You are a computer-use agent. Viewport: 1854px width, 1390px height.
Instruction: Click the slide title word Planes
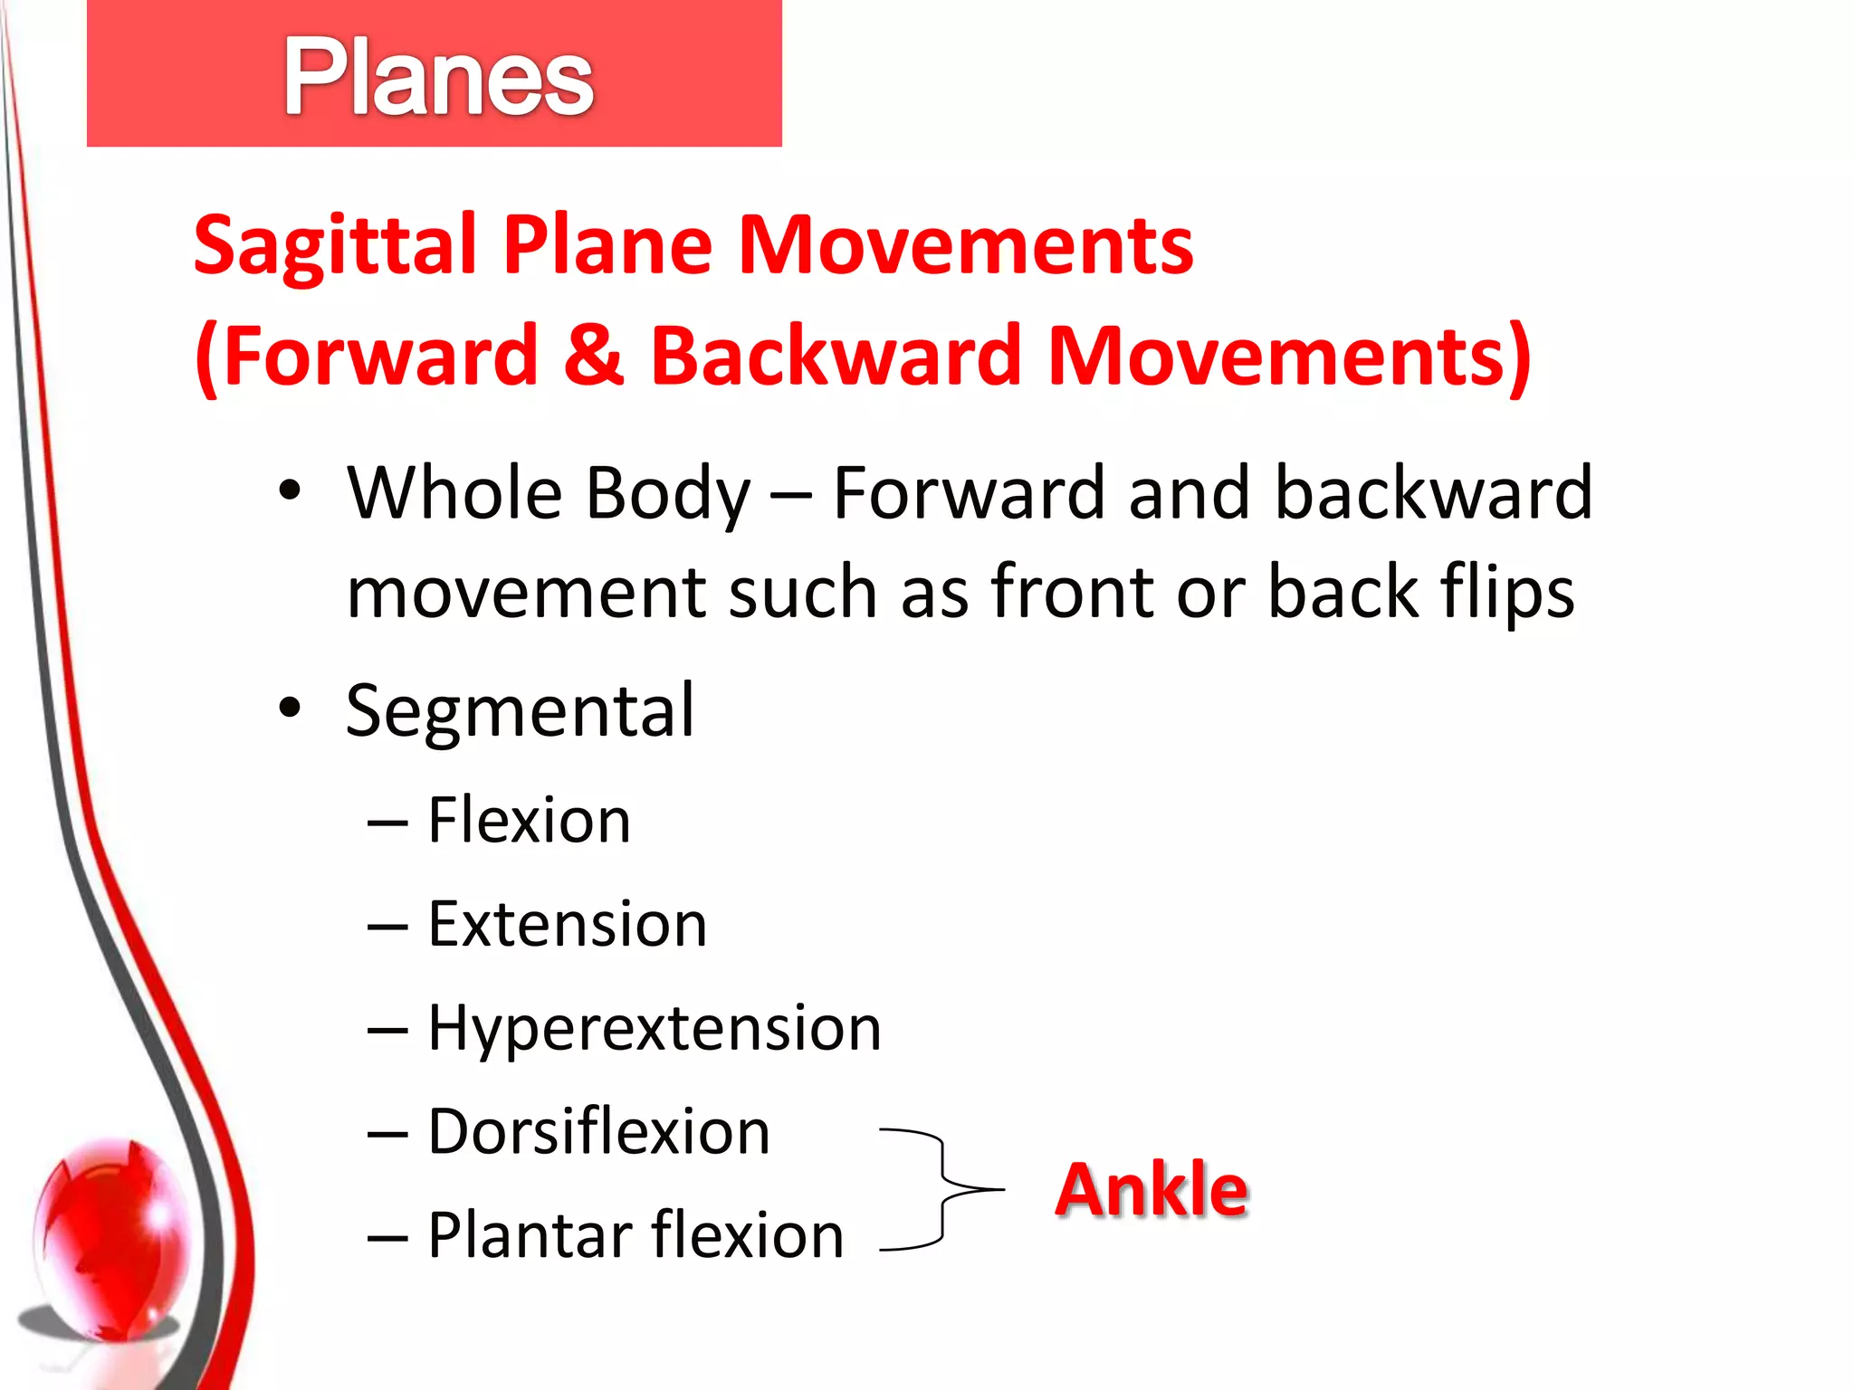[438, 78]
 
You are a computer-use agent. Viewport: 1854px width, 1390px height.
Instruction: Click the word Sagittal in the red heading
[335, 246]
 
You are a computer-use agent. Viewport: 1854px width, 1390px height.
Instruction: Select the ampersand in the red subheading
[593, 355]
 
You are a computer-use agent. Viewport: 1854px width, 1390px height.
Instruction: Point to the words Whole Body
[549, 494]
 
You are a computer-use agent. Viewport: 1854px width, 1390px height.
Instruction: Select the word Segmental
[520, 711]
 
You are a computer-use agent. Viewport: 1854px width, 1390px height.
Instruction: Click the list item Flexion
[529, 821]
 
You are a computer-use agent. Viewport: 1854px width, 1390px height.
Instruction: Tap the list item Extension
[567, 925]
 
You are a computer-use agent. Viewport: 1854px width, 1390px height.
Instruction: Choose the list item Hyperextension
[654, 1029]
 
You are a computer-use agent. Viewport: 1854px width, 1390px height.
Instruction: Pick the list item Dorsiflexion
[598, 1132]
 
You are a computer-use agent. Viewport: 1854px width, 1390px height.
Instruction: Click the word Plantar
[529, 1235]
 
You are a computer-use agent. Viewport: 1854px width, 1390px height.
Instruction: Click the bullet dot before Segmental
[289, 708]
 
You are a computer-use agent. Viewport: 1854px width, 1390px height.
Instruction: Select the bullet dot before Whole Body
[289, 490]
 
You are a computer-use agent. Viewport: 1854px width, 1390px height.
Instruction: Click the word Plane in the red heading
[607, 246]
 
